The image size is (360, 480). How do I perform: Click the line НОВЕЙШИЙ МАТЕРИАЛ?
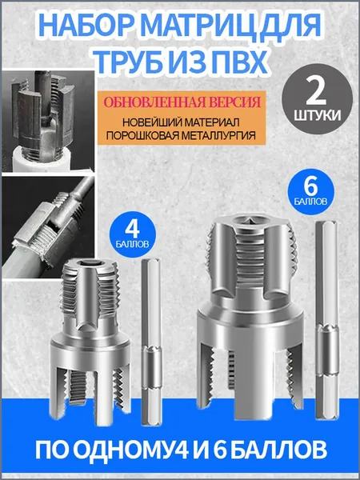coord(181,122)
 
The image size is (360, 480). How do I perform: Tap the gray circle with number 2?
coord(317,99)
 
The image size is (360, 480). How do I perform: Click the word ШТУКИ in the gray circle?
coord(317,116)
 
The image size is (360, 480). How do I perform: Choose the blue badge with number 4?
coord(133,234)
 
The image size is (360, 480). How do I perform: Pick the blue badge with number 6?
coord(310,191)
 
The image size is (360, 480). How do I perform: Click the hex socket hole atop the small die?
coord(91,263)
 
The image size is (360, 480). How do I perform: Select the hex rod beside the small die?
coord(151,342)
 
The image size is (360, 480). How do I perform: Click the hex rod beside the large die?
coord(326,320)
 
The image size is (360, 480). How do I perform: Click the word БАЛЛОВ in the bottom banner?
coord(281,449)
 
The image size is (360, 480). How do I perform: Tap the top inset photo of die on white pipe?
coord(48,122)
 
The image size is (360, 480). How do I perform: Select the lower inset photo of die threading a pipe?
coord(48,227)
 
